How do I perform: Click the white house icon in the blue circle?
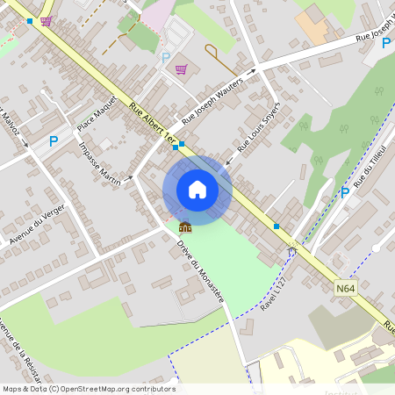[x=197, y=190]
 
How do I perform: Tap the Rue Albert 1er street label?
[x=151, y=122]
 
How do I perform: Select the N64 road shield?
[x=345, y=287]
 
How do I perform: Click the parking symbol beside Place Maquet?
[x=54, y=140]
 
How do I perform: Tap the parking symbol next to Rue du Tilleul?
[x=345, y=191]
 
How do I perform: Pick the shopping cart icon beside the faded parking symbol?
[x=182, y=69]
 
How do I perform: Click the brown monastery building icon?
[x=185, y=226]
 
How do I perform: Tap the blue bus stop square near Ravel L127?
[x=276, y=226]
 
